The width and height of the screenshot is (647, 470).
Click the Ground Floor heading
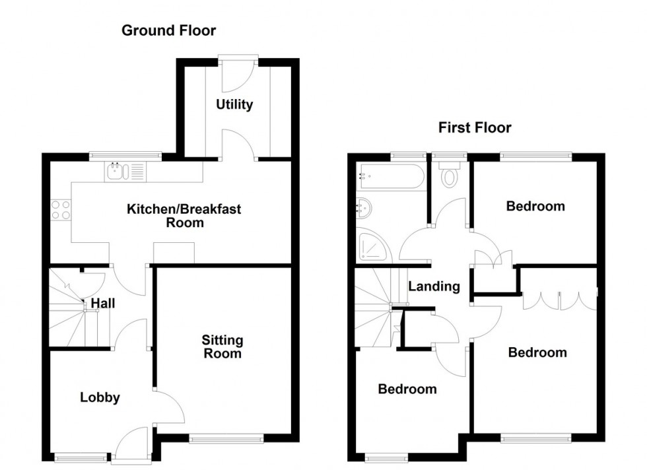[x=168, y=30]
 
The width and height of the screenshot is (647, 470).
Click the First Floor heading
[x=475, y=127]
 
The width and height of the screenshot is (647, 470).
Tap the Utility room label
[x=234, y=104]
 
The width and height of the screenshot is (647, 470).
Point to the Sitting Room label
[x=222, y=347]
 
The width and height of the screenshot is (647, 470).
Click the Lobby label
[x=100, y=397]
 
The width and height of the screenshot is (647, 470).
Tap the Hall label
[x=104, y=304]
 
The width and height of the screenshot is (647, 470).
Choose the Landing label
[x=433, y=286]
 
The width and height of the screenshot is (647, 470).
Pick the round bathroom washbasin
[x=363, y=209]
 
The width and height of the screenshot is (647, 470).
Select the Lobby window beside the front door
[x=81, y=455]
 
